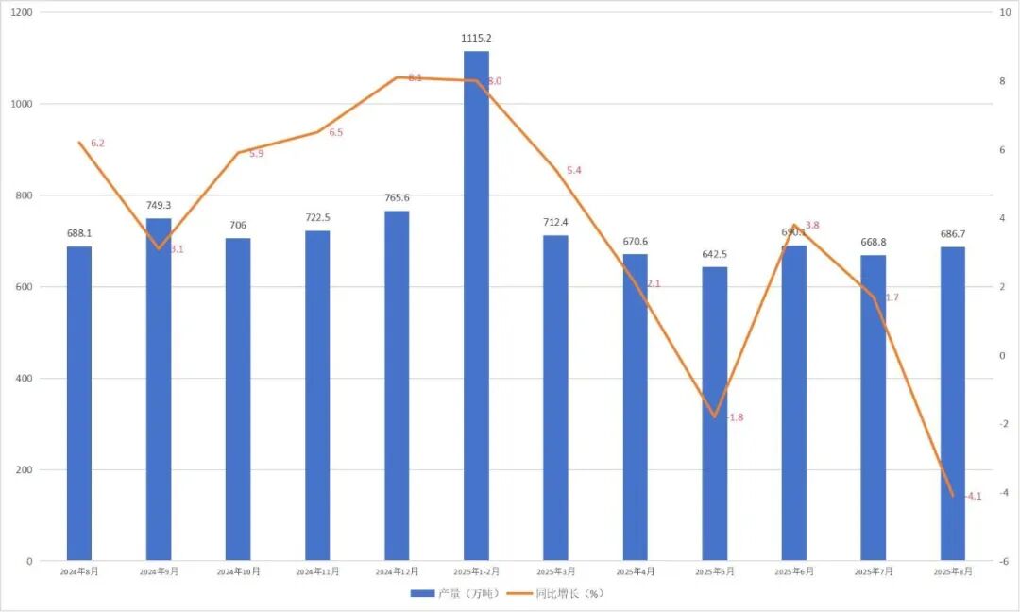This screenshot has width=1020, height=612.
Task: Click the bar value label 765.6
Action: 397,198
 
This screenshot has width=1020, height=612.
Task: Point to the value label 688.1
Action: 79,233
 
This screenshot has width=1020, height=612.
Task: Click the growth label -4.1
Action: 973,496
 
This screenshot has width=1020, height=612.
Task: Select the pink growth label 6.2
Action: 98,144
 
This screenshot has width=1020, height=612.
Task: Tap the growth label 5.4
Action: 574,171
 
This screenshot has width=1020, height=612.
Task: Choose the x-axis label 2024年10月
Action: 238,572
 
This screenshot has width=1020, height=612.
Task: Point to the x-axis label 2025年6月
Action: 793,572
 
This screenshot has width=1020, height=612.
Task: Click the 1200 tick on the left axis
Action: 22,12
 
